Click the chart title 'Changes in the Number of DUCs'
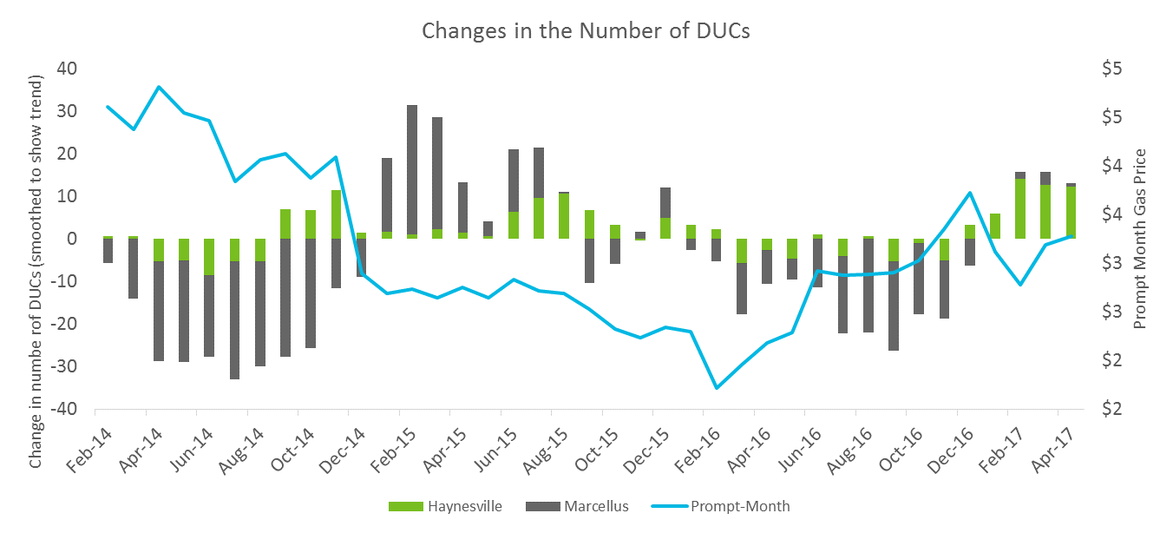tap(586, 30)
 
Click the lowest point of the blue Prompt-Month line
tap(717, 388)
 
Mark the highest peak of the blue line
tap(159, 87)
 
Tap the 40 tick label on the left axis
tap(66, 69)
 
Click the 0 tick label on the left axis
tap(73, 239)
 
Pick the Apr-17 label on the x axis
tap(1059, 450)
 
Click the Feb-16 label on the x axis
tap(704, 450)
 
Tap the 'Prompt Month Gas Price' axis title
tap(1140, 239)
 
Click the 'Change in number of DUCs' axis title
tap(35, 239)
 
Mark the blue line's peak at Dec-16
tap(970, 193)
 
